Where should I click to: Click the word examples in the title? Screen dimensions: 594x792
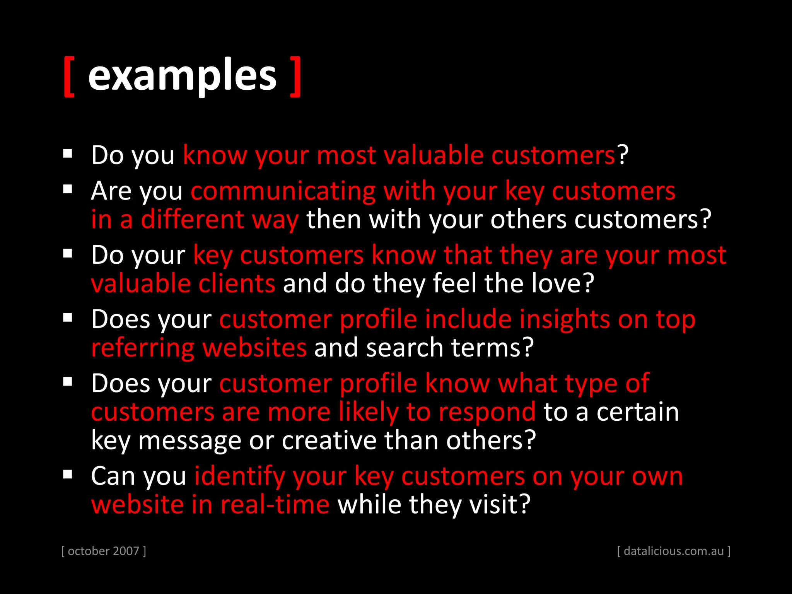[x=182, y=75]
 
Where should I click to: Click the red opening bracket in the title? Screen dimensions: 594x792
[x=69, y=76]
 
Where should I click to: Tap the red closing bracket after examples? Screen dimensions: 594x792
[x=296, y=76]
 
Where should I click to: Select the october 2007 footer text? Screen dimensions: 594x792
[x=104, y=551]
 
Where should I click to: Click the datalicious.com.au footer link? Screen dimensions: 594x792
[x=674, y=551]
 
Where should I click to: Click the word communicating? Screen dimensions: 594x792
[x=283, y=191]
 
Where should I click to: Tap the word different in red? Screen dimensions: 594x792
[x=192, y=219]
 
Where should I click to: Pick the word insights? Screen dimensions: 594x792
[x=564, y=319]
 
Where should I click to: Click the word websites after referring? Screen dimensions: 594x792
[x=254, y=348]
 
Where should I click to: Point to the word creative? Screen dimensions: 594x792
[x=329, y=440]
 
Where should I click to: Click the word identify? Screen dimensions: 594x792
[x=239, y=476]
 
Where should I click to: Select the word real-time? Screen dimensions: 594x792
[x=275, y=505]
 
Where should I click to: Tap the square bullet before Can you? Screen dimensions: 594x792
[x=68, y=475]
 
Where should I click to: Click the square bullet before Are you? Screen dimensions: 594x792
[x=68, y=189]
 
